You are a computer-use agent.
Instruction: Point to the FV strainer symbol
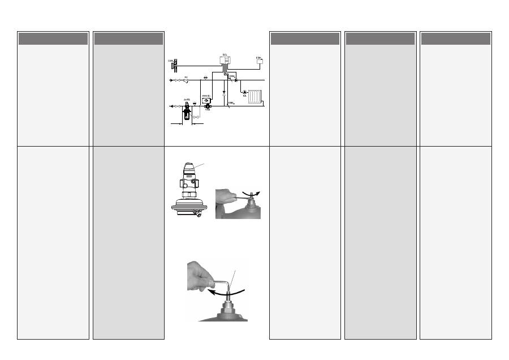pyautogui.click(x=186, y=81)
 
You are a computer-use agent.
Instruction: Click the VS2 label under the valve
pyautogui.click(x=208, y=110)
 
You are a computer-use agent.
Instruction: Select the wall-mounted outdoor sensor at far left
pyautogui.click(x=174, y=66)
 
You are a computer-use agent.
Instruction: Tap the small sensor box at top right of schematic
pyautogui.click(x=260, y=61)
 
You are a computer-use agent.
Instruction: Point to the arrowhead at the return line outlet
pyautogui.click(x=171, y=106)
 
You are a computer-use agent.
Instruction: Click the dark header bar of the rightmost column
pyautogui.click(x=455, y=38)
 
